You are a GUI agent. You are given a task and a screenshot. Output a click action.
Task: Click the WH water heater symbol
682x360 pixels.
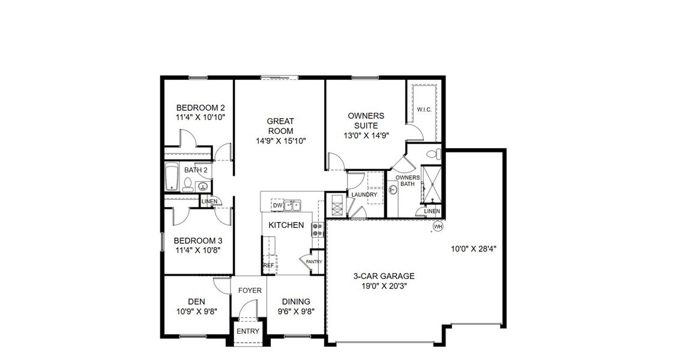(438, 227)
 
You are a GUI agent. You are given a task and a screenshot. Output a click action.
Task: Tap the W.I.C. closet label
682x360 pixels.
(424, 109)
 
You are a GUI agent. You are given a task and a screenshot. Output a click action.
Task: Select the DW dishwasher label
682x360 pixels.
(277, 206)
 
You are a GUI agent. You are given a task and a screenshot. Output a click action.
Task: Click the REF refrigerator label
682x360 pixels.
(268, 265)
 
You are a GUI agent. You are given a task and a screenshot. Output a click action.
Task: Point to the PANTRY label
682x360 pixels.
(314, 262)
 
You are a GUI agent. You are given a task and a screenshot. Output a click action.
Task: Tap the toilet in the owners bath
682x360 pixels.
(431, 155)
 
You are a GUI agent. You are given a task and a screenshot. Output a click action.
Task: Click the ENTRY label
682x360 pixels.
(248, 331)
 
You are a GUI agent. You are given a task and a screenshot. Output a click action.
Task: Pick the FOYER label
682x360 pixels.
(250, 290)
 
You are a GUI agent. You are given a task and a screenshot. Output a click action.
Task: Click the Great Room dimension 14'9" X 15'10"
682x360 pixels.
(281, 141)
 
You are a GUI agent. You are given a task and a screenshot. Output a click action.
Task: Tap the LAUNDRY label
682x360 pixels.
(364, 194)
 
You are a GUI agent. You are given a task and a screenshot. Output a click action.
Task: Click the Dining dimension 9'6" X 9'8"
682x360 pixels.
(296, 311)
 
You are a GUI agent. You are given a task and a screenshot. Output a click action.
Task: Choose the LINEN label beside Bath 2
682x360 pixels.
(210, 201)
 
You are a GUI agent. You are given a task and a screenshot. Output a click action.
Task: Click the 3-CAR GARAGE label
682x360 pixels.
(384, 276)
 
